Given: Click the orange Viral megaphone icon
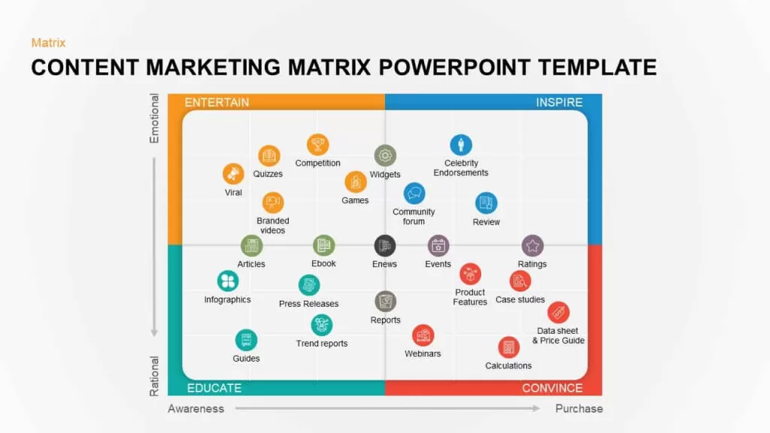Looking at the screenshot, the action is pos(233,174).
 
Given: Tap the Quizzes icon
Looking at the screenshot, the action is pos(268,156).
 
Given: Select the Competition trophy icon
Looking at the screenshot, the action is pos(318,145).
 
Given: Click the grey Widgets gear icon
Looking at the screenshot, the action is pos(385,156).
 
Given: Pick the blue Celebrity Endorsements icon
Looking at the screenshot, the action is pos(461,145).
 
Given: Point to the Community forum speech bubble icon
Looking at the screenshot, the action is pos(414,193).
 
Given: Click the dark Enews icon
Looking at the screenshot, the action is pos(384,246).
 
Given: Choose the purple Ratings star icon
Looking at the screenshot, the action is pos(532,246).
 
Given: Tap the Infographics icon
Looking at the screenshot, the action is pos(228,281).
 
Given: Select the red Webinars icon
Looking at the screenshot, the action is pos(423,336).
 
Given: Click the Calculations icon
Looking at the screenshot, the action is pos(509,347).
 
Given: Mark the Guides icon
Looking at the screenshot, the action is pos(246,340).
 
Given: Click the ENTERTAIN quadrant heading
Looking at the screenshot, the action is pos(217,102).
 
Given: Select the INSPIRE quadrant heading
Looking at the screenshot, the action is pos(559,102).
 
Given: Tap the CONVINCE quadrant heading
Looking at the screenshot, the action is pos(553,388).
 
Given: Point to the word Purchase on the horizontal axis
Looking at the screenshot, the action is pos(579,408).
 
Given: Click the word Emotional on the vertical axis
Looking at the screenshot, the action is pos(154,118).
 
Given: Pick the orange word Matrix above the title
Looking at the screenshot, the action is pos(48,43).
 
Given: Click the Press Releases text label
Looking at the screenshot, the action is pos(308,304).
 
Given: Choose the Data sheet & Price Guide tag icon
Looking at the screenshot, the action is pos(559,312).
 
